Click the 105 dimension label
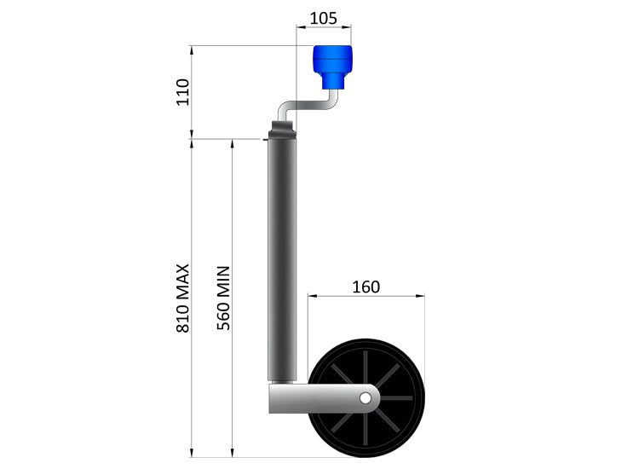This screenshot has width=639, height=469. coord(324,17)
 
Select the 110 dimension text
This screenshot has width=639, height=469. coord(181,91)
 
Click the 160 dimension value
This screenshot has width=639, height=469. coord(366,287)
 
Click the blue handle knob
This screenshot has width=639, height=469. coord(334,60)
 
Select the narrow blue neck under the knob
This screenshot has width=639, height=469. coord(333,81)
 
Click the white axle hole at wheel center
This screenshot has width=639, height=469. coord(366,397)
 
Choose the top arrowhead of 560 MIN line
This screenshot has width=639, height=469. coord(233,143)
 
